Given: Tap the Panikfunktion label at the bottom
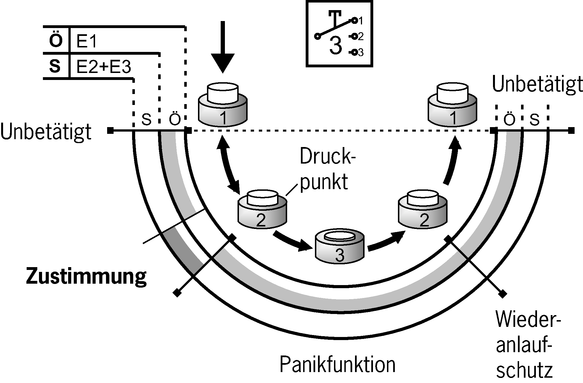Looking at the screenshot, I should click(337, 364).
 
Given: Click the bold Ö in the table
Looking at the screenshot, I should click(56, 41).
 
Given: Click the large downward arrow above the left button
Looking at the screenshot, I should click(223, 48).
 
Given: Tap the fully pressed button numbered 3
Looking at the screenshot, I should click(340, 247).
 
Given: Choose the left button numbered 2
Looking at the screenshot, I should click(262, 209).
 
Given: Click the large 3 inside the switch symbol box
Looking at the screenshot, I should click(336, 46).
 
